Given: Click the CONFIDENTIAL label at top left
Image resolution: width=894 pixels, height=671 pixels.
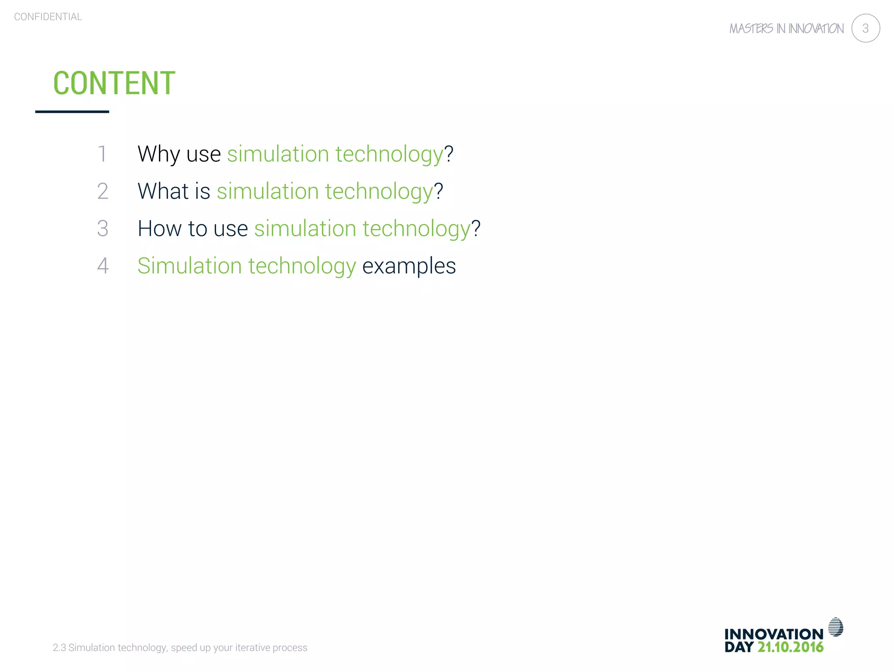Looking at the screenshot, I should click(x=48, y=17).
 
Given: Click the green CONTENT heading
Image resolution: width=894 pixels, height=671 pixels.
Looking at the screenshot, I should click(x=114, y=83).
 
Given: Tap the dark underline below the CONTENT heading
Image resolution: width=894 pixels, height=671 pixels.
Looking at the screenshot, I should click(x=72, y=112).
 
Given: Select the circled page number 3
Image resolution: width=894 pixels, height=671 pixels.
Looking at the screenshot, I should click(x=865, y=28).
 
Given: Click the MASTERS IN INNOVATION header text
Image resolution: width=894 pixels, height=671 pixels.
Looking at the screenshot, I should click(x=786, y=29).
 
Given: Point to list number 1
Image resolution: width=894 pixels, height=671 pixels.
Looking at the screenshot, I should click(x=102, y=154).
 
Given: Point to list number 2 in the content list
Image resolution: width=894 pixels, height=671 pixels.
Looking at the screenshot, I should click(x=103, y=191).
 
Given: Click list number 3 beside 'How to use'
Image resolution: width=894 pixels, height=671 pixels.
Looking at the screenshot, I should click(x=103, y=228).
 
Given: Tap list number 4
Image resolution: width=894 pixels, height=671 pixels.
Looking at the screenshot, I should click(x=103, y=266).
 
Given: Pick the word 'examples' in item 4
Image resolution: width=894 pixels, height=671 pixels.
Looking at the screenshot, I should click(x=409, y=266).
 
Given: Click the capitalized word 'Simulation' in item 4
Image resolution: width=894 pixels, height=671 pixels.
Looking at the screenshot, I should click(x=189, y=266).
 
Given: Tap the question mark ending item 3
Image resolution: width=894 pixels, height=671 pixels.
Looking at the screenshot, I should click(x=476, y=228).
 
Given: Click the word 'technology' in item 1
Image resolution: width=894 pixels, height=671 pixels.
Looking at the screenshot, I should click(x=389, y=154).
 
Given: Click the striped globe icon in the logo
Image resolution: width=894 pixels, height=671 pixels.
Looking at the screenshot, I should click(x=836, y=627).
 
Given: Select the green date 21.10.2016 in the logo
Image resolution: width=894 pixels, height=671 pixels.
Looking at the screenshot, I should click(x=790, y=647).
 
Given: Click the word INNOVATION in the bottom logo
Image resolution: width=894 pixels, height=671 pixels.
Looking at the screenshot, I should click(x=774, y=634).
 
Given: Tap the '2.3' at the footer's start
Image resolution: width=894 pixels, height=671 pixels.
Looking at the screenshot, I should click(x=59, y=647).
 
